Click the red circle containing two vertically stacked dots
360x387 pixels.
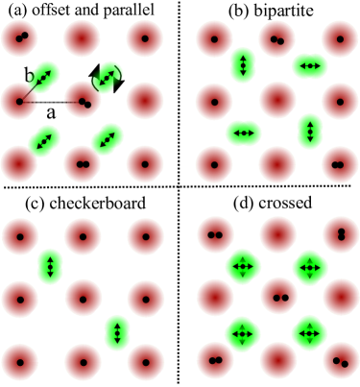341,234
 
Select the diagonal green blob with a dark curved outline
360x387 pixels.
108,76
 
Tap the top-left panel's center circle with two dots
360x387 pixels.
84,101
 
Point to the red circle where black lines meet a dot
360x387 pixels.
19,101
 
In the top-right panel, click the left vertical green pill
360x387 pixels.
243,65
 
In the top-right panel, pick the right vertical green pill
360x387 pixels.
309,132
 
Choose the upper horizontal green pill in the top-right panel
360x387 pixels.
309,65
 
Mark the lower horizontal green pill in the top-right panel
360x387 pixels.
243,133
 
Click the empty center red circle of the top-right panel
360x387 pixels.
277,100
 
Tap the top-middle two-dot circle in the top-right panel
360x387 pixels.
277,39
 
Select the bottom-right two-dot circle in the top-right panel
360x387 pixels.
339,164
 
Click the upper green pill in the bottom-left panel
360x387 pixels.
51,266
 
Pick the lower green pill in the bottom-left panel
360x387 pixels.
117,332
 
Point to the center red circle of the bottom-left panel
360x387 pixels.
84,299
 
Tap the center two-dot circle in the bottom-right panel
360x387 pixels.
279,297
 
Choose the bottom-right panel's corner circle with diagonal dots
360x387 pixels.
341,361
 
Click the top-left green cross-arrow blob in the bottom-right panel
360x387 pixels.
243,266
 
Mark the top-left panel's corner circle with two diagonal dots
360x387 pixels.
19,38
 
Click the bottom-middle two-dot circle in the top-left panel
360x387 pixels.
83,164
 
